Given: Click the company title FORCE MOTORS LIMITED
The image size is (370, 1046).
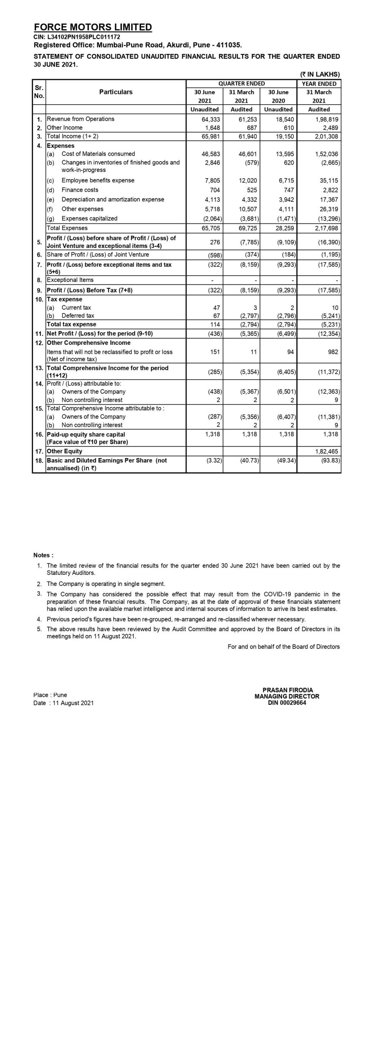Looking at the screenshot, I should pos(93,27).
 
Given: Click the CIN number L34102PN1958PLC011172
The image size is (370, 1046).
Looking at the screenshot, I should pos(77,37).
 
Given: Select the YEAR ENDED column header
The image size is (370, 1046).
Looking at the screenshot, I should pos(319,84).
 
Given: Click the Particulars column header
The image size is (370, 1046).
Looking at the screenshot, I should pos(116,92).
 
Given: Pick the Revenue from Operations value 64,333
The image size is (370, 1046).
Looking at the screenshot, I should pos(211,119).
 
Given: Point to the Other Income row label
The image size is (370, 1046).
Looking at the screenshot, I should pos(65,127).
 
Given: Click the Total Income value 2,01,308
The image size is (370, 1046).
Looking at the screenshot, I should pos(326,136).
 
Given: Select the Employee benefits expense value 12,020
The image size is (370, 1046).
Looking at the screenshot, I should pos(248,181).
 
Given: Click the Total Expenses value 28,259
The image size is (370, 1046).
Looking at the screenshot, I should pos(285,228).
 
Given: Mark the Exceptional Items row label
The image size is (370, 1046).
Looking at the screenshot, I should pos(70,280).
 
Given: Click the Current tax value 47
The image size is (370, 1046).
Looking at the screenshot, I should pos(216,308).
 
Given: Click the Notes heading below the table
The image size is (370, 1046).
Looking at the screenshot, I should pos(43,555).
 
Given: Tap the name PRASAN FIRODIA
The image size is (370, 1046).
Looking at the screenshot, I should pos(287,690).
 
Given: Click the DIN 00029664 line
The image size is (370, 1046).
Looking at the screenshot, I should pos(287,703).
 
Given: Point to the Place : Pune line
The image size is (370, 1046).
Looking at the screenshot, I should pos(50,695).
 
